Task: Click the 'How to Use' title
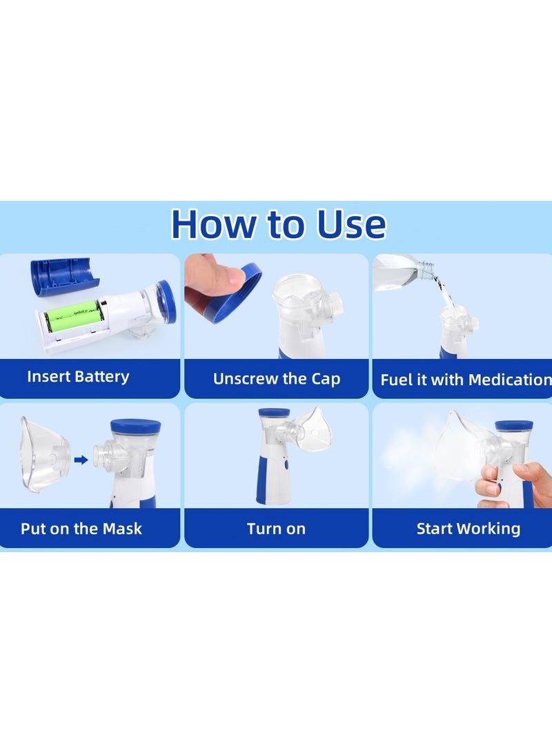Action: (278, 224)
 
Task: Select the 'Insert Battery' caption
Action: (78, 377)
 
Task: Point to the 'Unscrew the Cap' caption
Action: (276, 379)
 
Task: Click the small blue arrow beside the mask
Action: (81, 458)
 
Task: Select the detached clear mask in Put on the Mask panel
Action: (45, 453)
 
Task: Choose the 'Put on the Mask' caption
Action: (81, 529)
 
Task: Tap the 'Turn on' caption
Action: (276, 529)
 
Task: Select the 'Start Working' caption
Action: (468, 529)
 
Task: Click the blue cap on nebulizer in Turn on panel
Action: (274, 413)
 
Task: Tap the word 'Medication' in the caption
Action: (509, 380)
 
